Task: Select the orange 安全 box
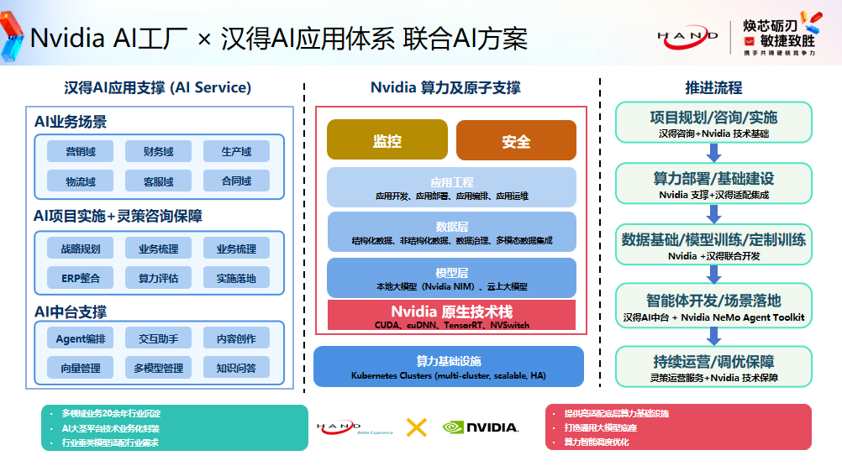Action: (x=516, y=140)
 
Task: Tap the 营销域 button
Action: (x=81, y=151)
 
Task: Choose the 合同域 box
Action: (x=236, y=181)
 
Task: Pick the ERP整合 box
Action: (x=81, y=277)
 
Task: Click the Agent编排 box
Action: (x=81, y=338)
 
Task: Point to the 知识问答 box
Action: (x=236, y=368)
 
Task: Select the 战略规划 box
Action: (x=81, y=248)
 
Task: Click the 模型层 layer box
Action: (x=451, y=278)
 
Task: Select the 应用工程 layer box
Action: (x=451, y=187)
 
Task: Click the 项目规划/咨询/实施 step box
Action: (x=713, y=123)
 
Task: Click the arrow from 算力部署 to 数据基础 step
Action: (x=713, y=214)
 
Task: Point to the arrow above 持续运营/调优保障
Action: (x=713, y=336)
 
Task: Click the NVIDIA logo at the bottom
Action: (x=481, y=427)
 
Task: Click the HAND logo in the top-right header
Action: (x=687, y=36)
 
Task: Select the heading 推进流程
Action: (x=713, y=87)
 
